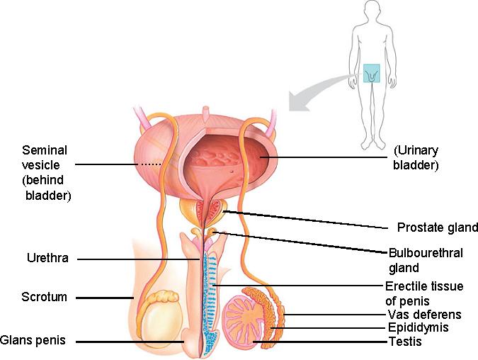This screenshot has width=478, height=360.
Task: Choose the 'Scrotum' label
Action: pyautogui.click(x=44, y=297)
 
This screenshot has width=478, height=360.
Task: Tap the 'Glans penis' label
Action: pyautogui.click(x=33, y=340)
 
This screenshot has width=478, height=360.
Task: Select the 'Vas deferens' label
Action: pyautogui.click(x=424, y=315)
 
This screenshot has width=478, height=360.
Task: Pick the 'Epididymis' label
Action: pyautogui.click(x=419, y=328)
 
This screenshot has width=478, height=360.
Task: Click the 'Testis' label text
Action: pyautogui.click(x=405, y=342)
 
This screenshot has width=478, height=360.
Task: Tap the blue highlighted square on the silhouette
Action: pyautogui.click(x=372, y=73)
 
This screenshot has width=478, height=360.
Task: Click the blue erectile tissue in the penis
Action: pyautogui.click(x=211, y=291)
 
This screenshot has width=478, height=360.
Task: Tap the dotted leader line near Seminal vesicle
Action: pyautogui.click(x=150, y=164)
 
